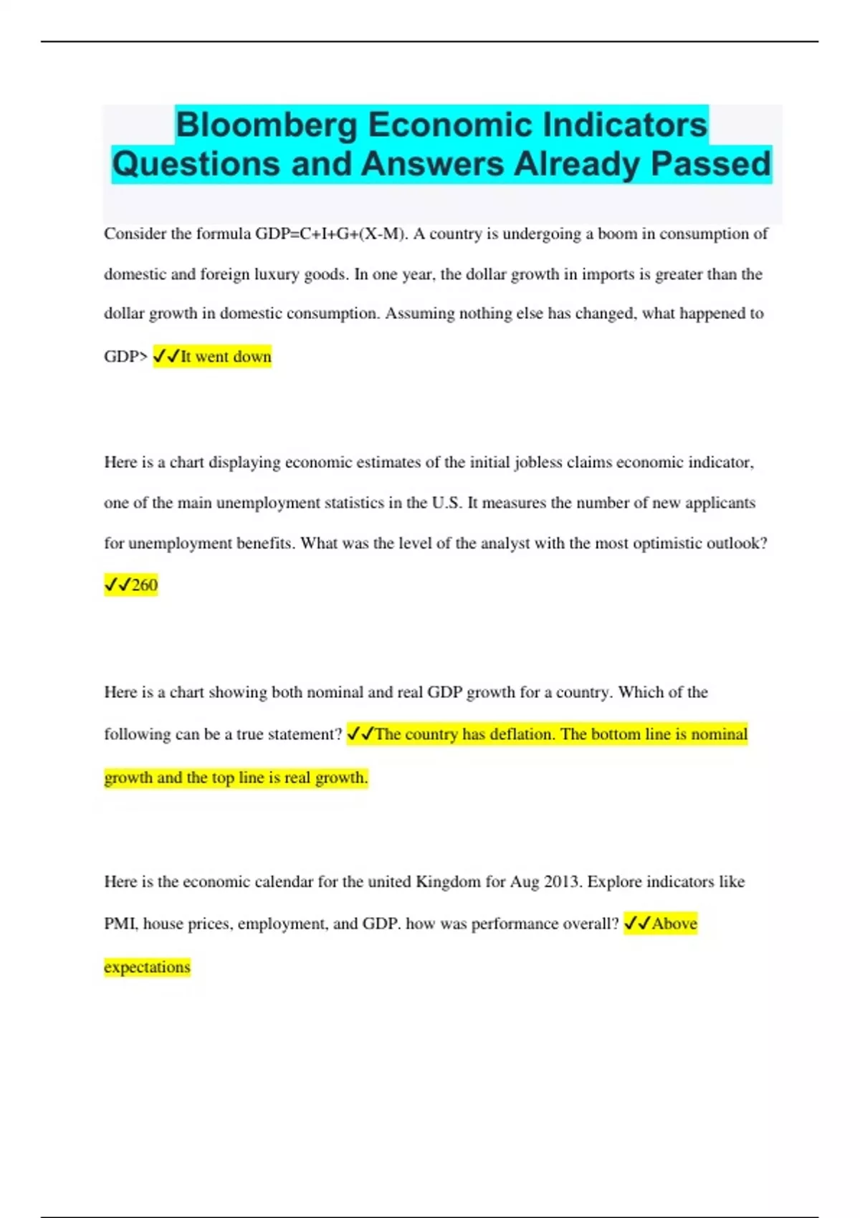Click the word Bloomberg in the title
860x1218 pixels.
click(x=267, y=125)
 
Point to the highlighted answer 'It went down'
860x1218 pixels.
click(x=226, y=357)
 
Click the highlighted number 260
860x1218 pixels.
click(x=145, y=585)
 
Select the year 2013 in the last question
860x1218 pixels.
click(x=563, y=882)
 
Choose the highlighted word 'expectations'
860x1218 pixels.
click(x=147, y=967)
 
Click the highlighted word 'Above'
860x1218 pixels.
click(x=674, y=924)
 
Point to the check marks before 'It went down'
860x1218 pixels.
click(x=166, y=357)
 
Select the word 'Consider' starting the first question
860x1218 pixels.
click(x=135, y=234)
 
